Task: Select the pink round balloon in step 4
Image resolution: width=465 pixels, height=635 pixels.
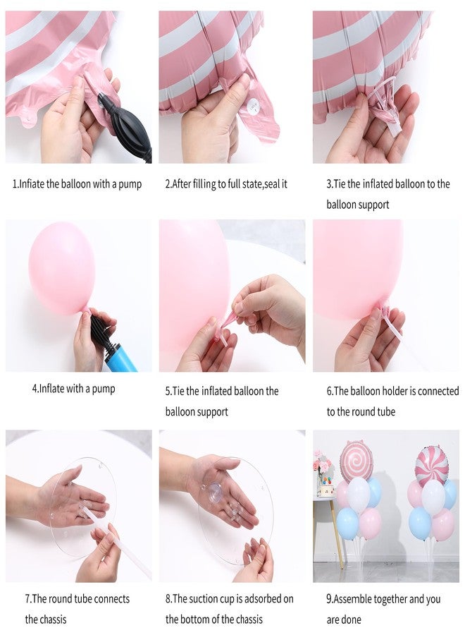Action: click(x=61, y=267)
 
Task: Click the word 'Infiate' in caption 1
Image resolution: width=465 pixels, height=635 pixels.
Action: click(x=32, y=184)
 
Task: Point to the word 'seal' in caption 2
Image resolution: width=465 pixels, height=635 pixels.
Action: click(x=270, y=184)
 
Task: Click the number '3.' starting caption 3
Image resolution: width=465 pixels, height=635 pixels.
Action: click(x=330, y=184)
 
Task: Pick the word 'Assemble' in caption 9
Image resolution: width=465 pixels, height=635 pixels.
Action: click(x=357, y=599)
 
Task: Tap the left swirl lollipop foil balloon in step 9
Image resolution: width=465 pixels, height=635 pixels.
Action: click(x=356, y=461)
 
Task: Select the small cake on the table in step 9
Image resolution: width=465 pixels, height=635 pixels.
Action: click(x=325, y=487)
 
